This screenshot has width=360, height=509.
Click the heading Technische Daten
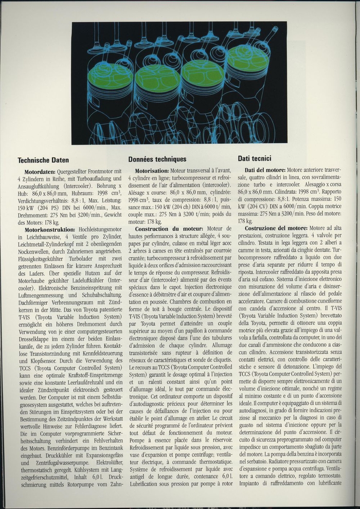coord(43,160)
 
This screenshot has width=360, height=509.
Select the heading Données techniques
coord(157,159)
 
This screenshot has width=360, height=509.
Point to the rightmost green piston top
coord(248,58)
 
